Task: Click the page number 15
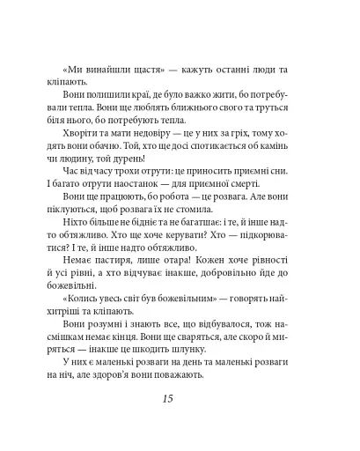tap(180, 401)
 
